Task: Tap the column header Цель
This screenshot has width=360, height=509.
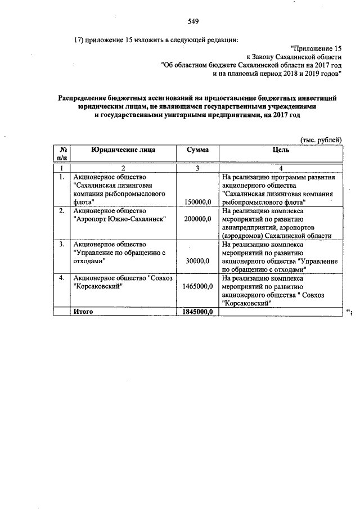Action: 280,150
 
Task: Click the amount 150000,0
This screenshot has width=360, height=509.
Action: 198,201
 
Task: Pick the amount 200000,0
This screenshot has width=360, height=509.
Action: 198,219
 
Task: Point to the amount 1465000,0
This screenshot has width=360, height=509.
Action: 197,286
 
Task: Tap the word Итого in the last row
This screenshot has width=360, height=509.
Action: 83,312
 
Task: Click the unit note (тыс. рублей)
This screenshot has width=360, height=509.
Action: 319,140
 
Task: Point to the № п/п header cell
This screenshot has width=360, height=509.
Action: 63,155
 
